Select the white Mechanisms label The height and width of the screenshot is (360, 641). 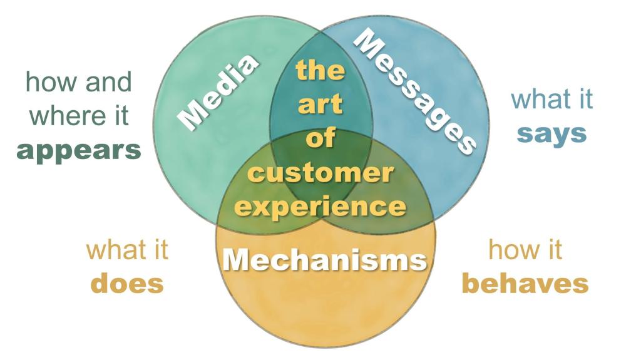tap(325, 259)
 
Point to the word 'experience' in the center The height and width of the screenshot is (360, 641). tap(320, 205)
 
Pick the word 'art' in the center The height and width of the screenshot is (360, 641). tap(320, 104)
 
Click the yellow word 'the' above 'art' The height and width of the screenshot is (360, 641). tap(320, 70)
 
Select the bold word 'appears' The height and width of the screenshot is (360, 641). tap(79, 152)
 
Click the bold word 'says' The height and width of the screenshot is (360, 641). tap(552, 133)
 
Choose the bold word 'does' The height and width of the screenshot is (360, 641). tap(127, 284)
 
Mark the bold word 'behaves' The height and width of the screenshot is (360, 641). tap(525, 284)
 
